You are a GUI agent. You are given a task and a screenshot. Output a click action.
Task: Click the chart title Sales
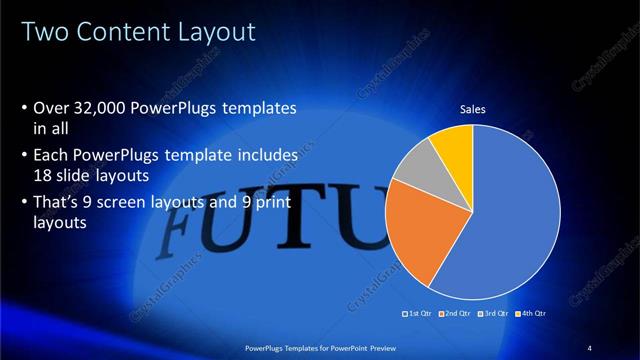(472, 110)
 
